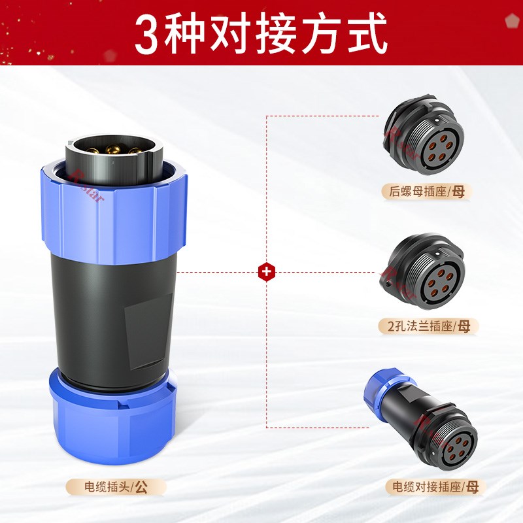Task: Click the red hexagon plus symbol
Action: (266, 271)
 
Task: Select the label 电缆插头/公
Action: (116, 486)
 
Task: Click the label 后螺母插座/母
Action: (426, 192)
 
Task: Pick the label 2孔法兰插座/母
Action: (428, 325)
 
